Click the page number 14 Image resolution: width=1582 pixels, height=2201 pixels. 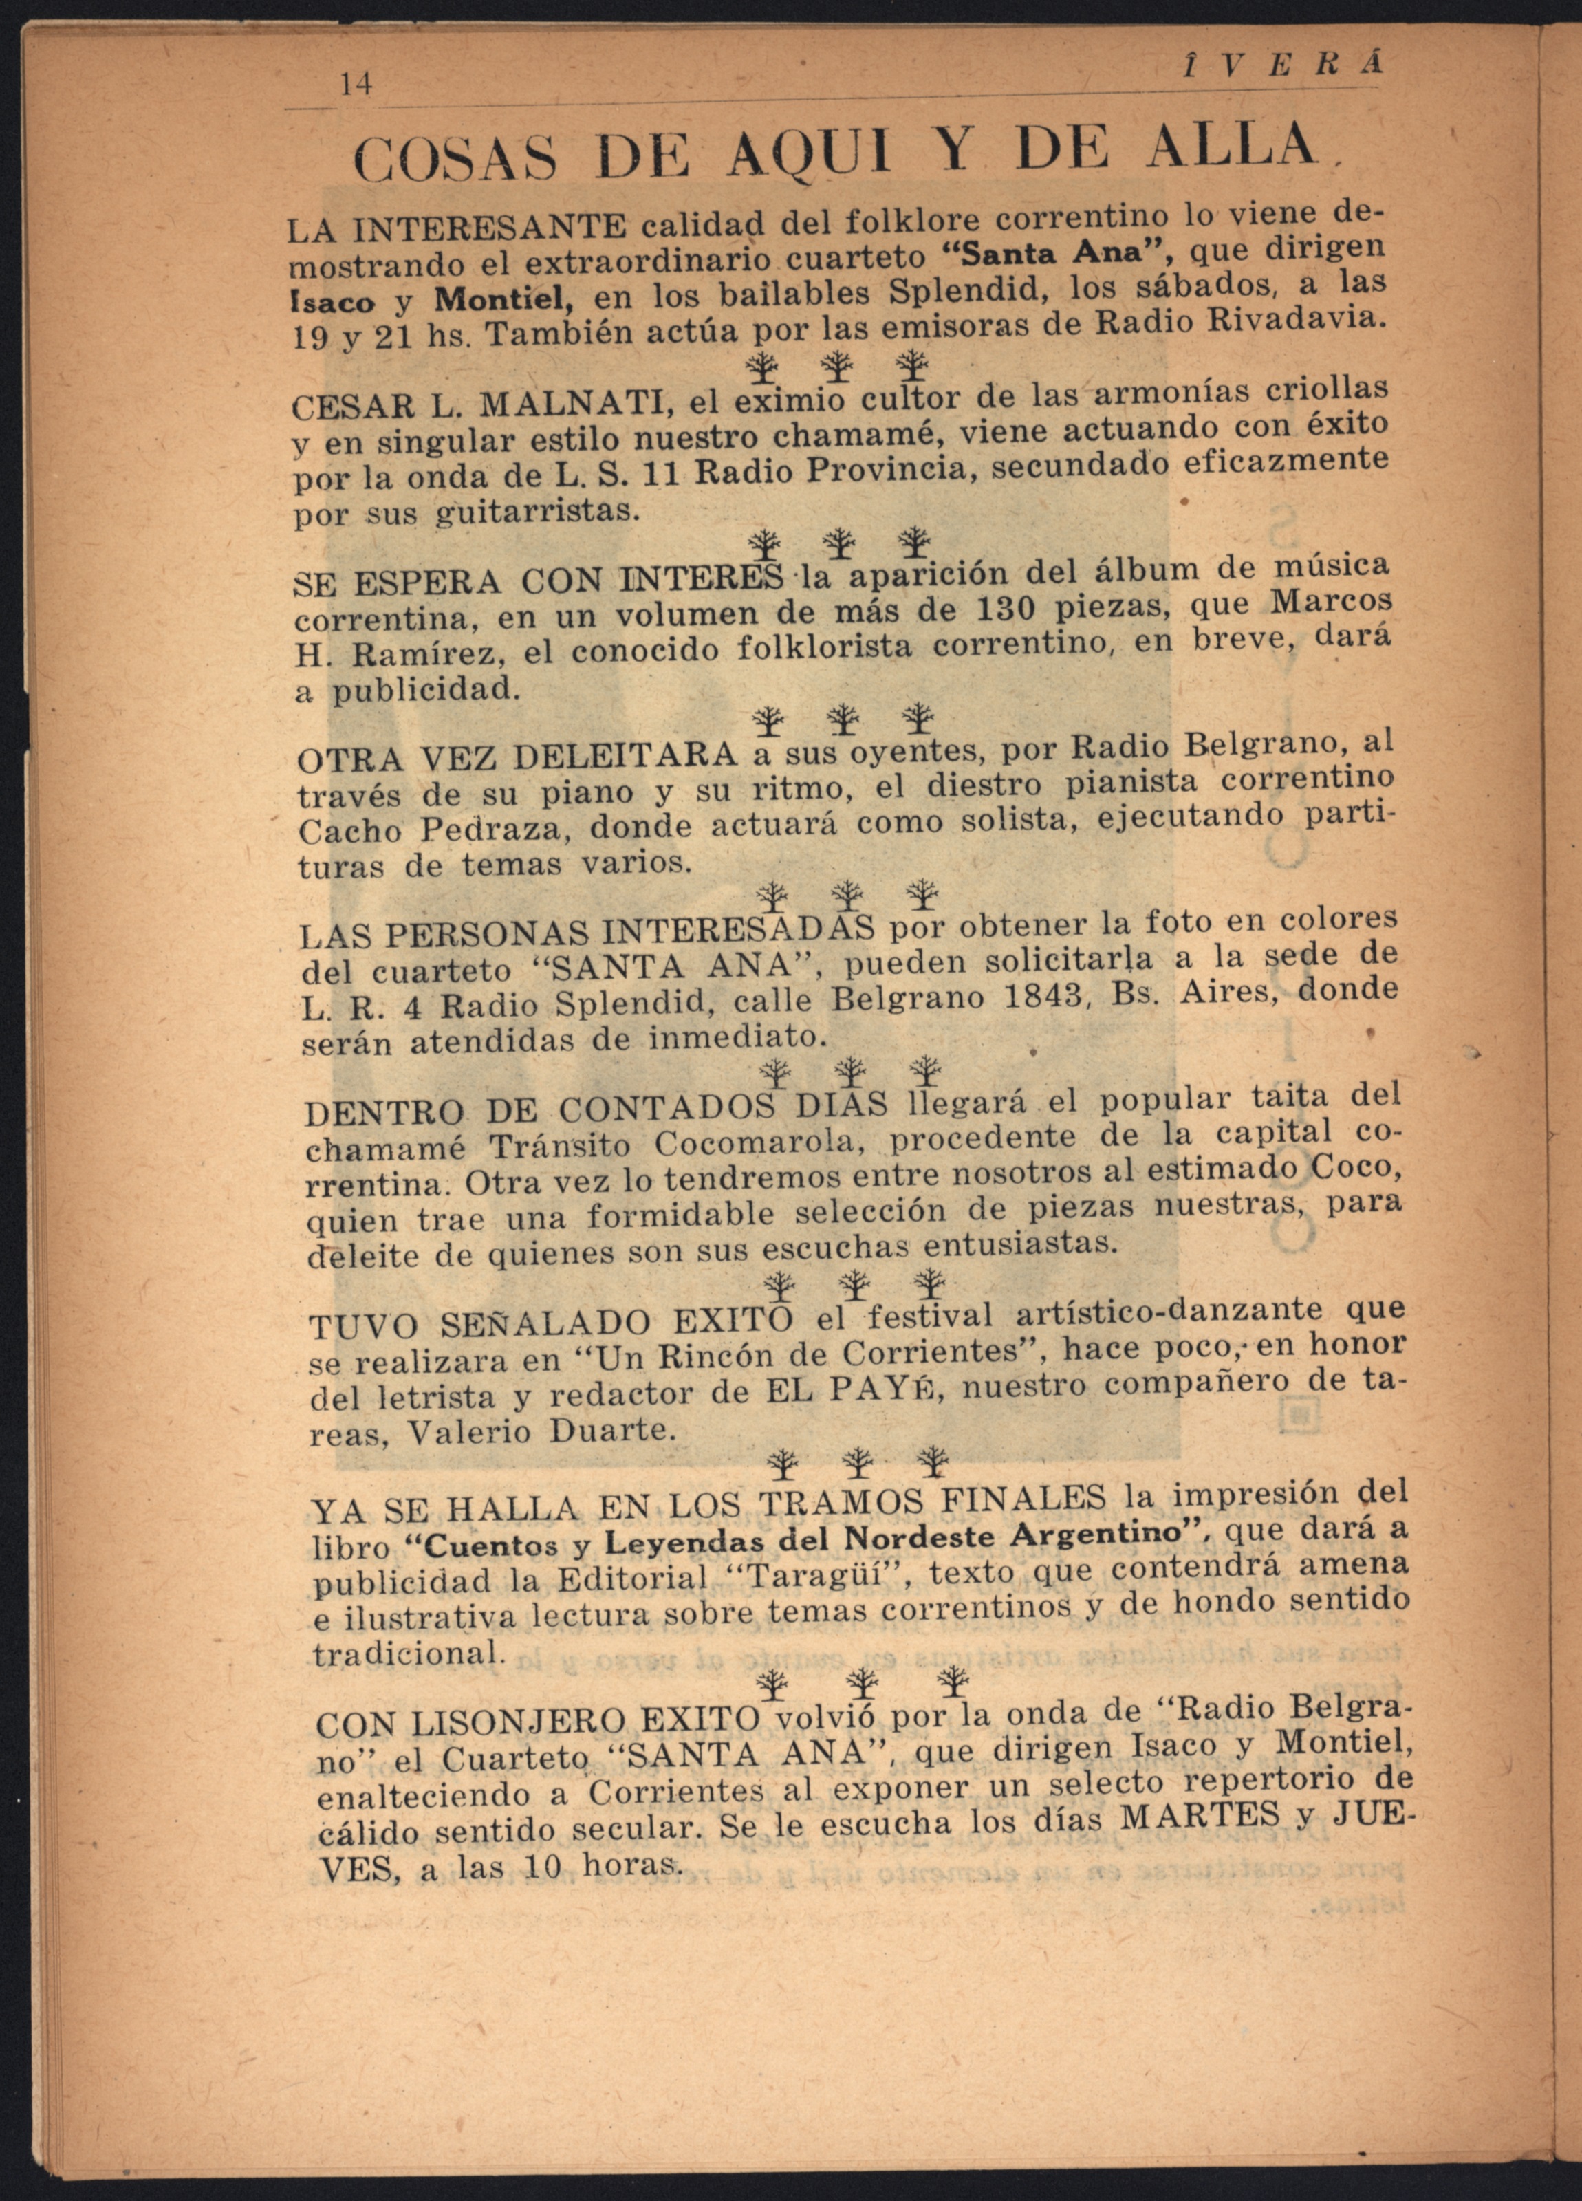pyautogui.click(x=357, y=85)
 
